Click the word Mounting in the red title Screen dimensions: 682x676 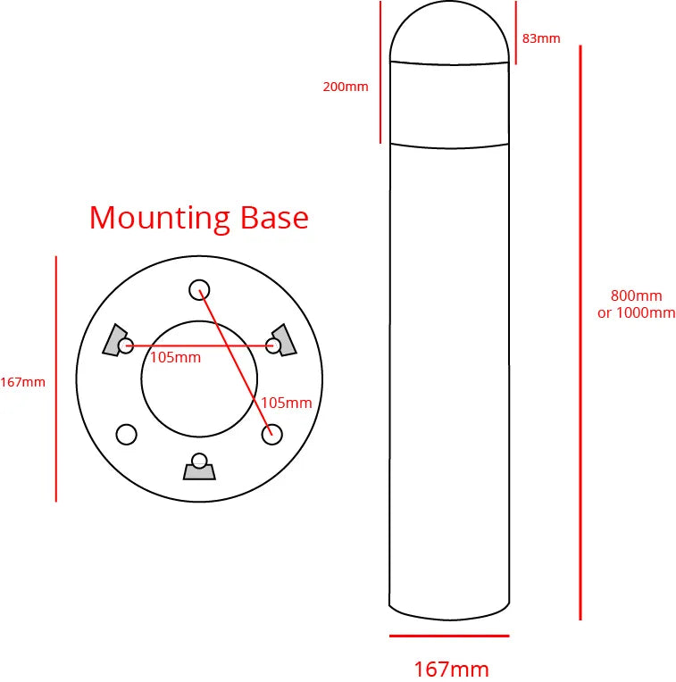(x=161, y=219)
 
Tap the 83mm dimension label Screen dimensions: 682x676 (x=541, y=38)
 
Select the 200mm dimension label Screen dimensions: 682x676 (x=346, y=87)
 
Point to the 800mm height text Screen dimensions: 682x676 (x=636, y=296)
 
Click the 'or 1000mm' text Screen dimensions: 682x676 (x=636, y=312)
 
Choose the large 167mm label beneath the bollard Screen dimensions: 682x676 (x=451, y=669)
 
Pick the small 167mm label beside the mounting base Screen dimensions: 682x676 (x=22, y=382)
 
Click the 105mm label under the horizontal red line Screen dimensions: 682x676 (x=175, y=358)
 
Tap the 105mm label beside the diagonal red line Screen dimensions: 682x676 (x=286, y=403)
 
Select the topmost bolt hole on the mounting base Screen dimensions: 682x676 (x=199, y=289)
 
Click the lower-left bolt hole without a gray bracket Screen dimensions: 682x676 (x=127, y=434)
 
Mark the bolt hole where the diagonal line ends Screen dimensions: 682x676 (x=271, y=434)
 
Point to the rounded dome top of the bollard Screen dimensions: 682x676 (x=450, y=31)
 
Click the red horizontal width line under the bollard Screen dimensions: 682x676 (x=449, y=636)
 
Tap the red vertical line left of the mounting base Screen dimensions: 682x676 (x=56, y=378)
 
